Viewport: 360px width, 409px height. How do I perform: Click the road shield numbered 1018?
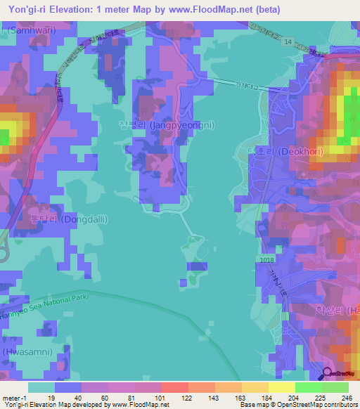pyautogui.click(x=266, y=260)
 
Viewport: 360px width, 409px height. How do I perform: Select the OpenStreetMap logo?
pyautogui.click(x=340, y=375)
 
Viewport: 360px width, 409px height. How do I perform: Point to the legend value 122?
pyautogui.click(x=187, y=397)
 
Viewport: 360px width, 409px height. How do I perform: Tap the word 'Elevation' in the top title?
pyautogui.click(x=79, y=9)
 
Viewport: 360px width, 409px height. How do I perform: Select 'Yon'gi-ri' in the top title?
pyautogui.click(x=27, y=9)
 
